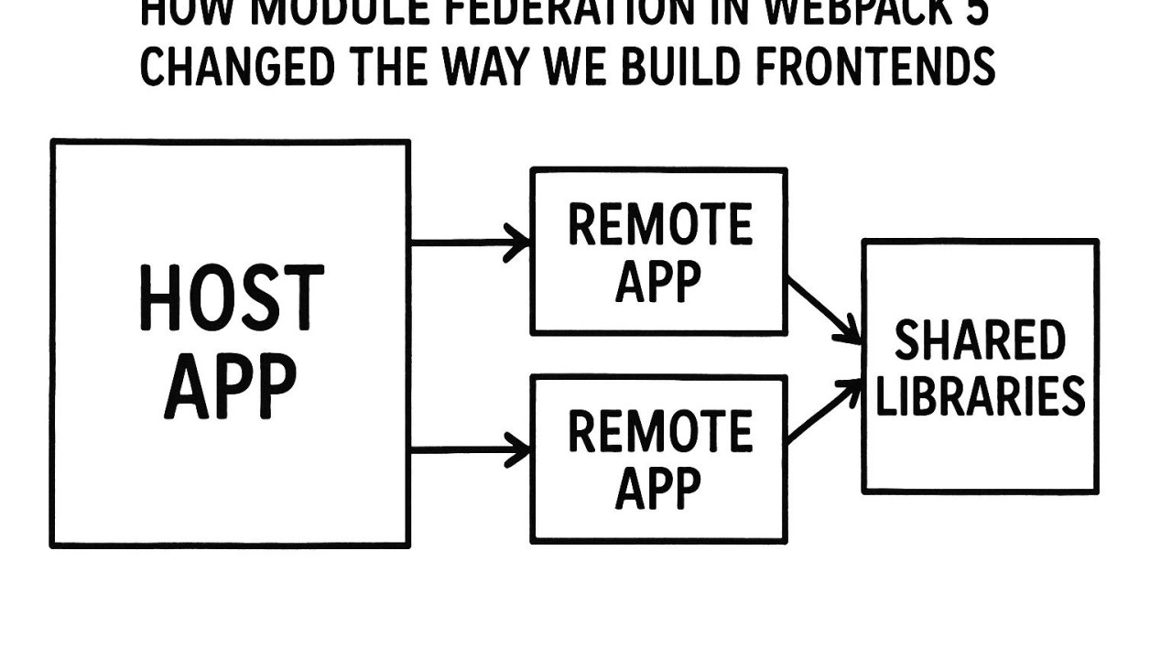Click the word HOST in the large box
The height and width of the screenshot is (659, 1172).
231,299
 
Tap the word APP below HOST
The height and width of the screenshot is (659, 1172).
231,386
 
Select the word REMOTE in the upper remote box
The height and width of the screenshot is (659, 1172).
659,225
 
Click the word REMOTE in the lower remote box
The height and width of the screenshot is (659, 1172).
659,432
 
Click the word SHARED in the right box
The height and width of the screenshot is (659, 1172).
980,341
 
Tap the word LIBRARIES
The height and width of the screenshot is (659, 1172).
980,395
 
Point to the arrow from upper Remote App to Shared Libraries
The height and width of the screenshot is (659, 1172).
824,310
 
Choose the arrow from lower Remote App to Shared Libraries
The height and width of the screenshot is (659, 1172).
824,412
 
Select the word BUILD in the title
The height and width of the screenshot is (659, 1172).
673,67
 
